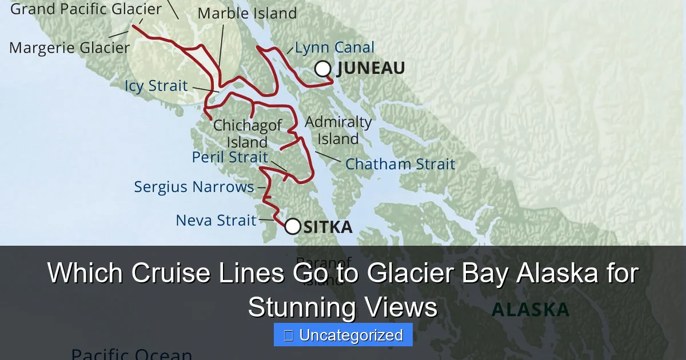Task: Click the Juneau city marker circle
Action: click(x=323, y=69)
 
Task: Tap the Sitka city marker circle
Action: click(x=293, y=227)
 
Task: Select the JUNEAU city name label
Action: click(x=370, y=69)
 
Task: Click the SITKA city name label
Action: click(x=328, y=227)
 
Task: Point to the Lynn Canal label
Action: click(x=335, y=48)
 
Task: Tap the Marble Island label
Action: click(x=247, y=13)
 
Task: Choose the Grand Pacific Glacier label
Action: click(x=86, y=9)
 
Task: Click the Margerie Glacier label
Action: click(x=70, y=48)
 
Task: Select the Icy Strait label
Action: click(x=156, y=86)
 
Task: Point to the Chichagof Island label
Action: click(x=248, y=133)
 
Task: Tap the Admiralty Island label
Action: click(x=338, y=130)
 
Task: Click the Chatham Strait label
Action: click(x=400, y=164)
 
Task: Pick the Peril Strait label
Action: click(x=230, y=157)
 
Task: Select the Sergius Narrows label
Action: click(x=194, y=187)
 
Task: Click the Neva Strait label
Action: click(x=216, y=220)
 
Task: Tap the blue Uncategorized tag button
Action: click(x=343, y=335)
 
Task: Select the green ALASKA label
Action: click(x=531, y=310)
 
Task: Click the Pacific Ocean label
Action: click(x=131, y=354)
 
